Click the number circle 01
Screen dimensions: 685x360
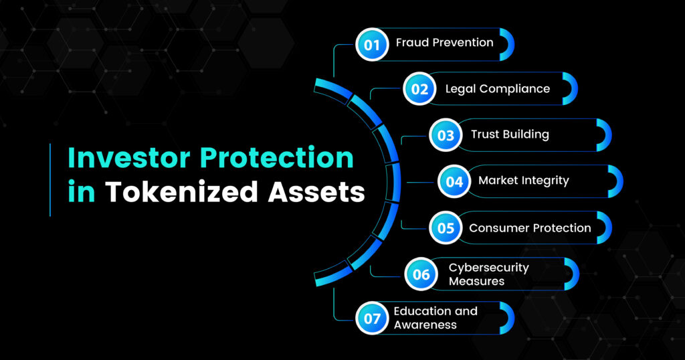point(372,45)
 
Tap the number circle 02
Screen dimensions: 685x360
point(419,89)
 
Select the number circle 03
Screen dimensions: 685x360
point(446,135)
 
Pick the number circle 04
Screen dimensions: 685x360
point(454,181)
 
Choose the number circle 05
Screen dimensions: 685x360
point(446,228)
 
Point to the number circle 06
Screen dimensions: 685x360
point(421,274)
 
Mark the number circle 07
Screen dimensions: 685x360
point(372,318)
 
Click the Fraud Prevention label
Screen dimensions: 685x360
point(444,42)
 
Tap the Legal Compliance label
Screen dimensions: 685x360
point(498,89)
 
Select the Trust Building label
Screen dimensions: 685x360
point(510,134)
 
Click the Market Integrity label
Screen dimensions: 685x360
point(523,181)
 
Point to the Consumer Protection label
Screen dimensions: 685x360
point(530,228)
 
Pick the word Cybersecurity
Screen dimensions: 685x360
point(489,268)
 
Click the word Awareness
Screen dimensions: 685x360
point(425,325)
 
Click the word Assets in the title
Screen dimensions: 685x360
point(316,192)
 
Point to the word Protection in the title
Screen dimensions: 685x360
point(277,157)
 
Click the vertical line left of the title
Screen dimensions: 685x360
point(50,179)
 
